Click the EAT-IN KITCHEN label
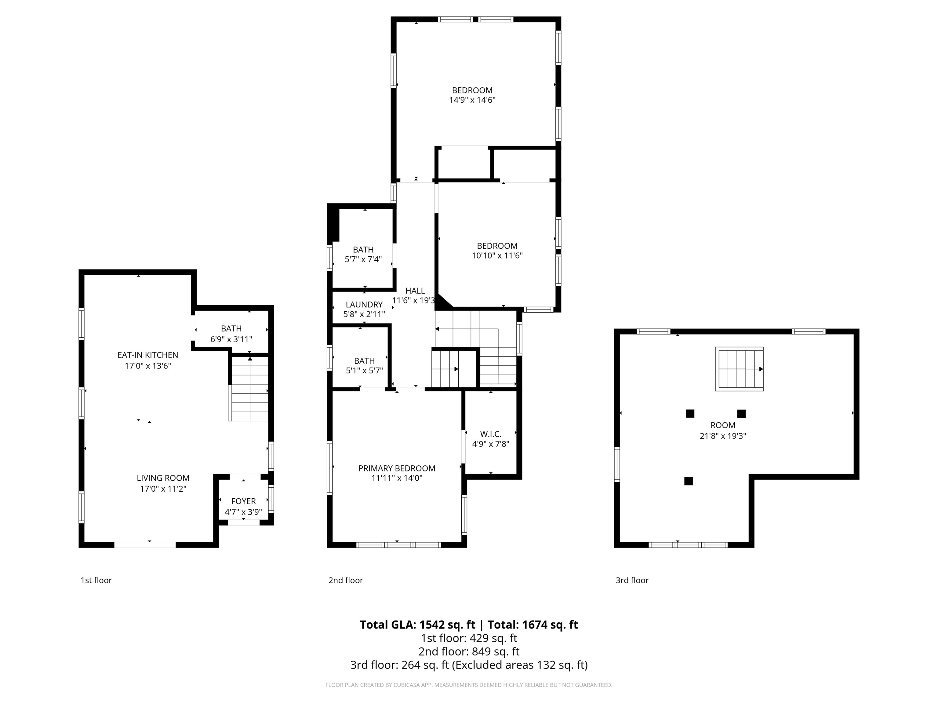(x=147, y=355)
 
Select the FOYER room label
(x=243, y=501)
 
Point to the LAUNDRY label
(x=364, y=305)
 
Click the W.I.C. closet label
(x=491, y=434)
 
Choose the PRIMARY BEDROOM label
(x=397, y=468)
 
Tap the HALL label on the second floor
(x=415, y=291)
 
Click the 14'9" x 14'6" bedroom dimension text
(x=472, y=100)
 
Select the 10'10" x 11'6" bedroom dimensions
(x=497, y=256)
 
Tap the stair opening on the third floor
(x=739, y=369)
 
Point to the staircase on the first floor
(x=249, y=389)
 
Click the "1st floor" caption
(x=96, y=580)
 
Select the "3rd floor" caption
(x=632, y=580)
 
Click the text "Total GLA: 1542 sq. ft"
(x=417, y=625)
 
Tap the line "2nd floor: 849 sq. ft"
(x=469, y=651)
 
